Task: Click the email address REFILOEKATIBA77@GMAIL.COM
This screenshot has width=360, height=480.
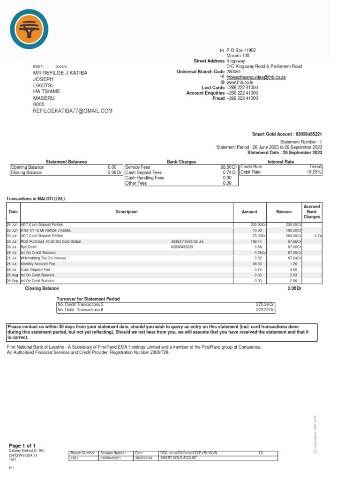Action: coord(73,111)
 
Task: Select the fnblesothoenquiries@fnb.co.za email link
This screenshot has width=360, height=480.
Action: coord(256,77)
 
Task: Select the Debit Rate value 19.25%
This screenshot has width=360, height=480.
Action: coord(314,172)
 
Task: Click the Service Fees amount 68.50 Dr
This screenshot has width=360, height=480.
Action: coord(228,167)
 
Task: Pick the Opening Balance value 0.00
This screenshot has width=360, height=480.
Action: coord(112,167)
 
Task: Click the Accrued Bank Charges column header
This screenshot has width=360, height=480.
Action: coord(312,211)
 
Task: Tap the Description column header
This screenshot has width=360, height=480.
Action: coord(127,212)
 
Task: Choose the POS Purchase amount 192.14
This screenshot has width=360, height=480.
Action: coord(257,241)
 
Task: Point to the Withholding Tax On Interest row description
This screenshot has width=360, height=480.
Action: coord(43,258)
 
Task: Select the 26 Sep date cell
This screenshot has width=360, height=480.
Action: coord(12,281)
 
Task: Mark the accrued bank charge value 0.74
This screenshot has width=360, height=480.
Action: coord(318,236)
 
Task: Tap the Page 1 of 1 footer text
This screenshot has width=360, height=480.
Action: coord(22,445)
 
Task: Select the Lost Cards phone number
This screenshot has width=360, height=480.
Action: coord(242,88)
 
